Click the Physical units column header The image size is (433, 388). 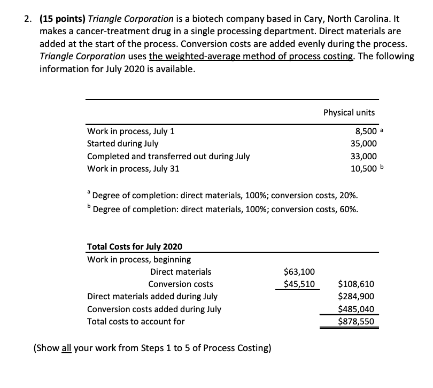(349, 112)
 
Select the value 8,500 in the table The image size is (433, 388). (364, 131)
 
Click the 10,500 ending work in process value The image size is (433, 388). (363, 169)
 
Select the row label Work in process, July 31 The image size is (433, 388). (133, 169)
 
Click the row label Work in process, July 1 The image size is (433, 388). (130, 131)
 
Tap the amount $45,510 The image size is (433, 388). (301, 284)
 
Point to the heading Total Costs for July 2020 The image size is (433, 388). (134, 246)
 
